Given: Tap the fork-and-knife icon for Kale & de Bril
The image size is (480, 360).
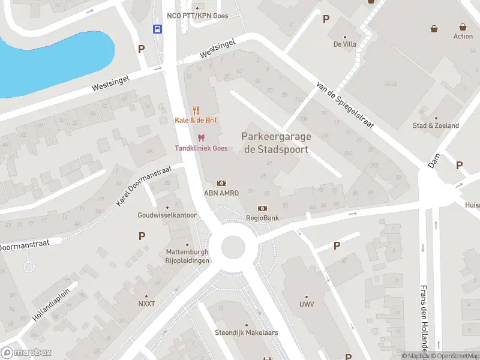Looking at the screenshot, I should click(x=196, y=110).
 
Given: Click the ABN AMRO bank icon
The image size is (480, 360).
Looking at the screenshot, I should click(x=221, y=183).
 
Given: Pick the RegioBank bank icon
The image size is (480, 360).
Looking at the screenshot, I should click(x=262, y=208).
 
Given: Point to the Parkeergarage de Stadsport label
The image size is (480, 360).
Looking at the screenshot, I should click(x=275, y=143).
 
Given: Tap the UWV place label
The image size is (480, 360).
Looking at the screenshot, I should click(x=306, y=304).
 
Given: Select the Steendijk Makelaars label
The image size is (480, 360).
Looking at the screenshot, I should click(x=240, y=332).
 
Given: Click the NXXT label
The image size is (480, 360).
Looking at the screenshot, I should click(x=146, y=304).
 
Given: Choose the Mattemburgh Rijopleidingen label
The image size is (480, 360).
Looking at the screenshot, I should click(x=188, y=257).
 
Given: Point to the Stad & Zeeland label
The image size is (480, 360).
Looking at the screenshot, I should click(x=436, y=125).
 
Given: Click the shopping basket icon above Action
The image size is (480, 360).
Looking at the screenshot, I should click(x=463, y=27).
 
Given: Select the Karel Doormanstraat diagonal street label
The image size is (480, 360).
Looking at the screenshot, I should click(x=144, y=186).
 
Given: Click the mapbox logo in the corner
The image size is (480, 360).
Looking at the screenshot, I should click(x=26, y=353).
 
